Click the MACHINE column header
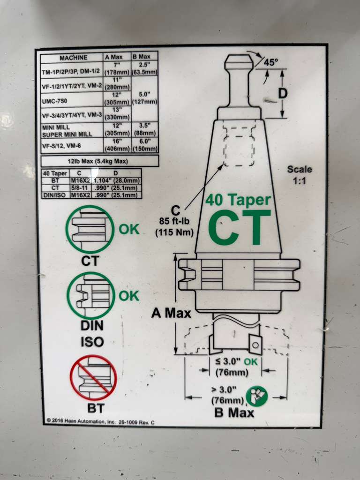coord(73,58)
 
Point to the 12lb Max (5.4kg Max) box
coord(99,161)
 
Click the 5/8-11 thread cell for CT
coord(75,187)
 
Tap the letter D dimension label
coord(283,94)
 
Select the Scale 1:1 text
coord(300,174)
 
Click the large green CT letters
coord(239,227)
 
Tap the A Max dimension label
coord(169,312)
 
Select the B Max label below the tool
coord(234,412)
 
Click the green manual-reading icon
coord(256,396)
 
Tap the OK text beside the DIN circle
coord(129,296)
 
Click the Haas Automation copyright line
coord(100,422)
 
